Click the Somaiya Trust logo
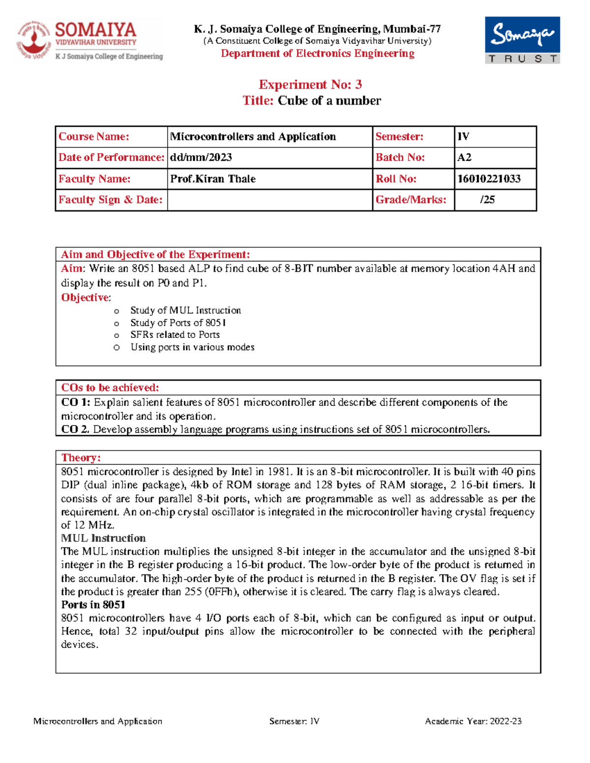(522, 40)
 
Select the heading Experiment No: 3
(310, 85)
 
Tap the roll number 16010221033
(489, 179)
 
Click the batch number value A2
(464, 157)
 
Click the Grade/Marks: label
(411, 199)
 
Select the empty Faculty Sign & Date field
(269, 200)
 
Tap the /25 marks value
(487, 199)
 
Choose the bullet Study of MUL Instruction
(185, 311)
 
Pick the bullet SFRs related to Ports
(175, 335)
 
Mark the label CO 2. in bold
(75, 429)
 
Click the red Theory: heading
(81, 457)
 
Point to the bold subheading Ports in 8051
(93, 605)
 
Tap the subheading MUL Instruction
(103, 538)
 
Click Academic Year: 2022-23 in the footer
(473, 721)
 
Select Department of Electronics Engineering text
(318, 54)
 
